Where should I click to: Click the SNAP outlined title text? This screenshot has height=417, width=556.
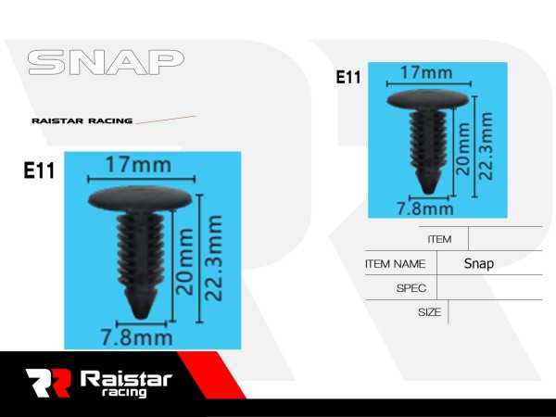pos(106,63)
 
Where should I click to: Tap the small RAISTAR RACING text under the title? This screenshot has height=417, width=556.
pos(82,120)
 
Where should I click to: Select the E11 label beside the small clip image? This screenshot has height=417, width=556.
pos(348,78)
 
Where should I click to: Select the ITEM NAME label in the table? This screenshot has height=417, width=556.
pos(396,263)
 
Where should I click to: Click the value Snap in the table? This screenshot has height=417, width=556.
pos(479,263)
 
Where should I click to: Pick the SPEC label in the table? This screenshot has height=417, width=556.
pos(411,288)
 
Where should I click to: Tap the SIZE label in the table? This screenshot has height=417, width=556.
pos(429,312)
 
